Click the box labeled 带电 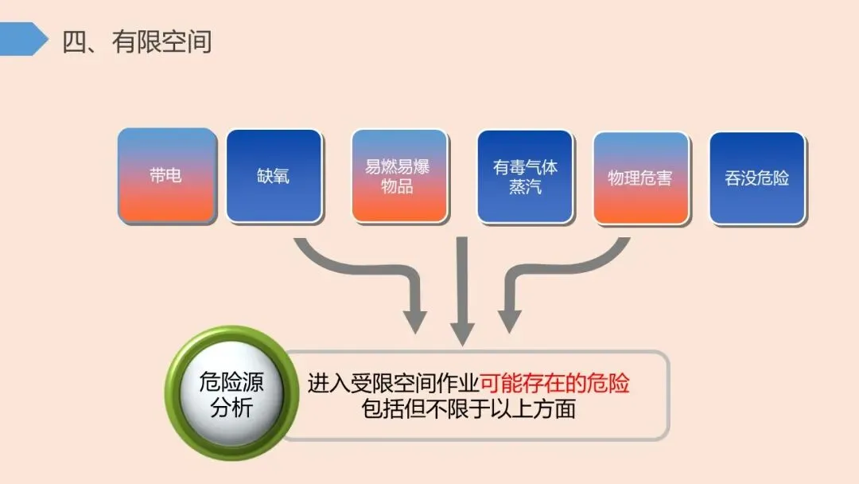[166, 176]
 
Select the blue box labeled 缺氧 [274, 176]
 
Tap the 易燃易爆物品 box [398, 176]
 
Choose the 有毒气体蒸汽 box [525, 176]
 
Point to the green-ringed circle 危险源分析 [231, 395]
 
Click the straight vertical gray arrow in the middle [462, 295]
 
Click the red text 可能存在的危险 [554, 384]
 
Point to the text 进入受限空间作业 [393, 384]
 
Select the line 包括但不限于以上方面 [468, 410]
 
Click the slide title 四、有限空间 [137, 41]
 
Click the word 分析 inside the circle [231, 409]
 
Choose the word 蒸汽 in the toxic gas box [525, 187]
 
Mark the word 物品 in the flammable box [398, 187]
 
